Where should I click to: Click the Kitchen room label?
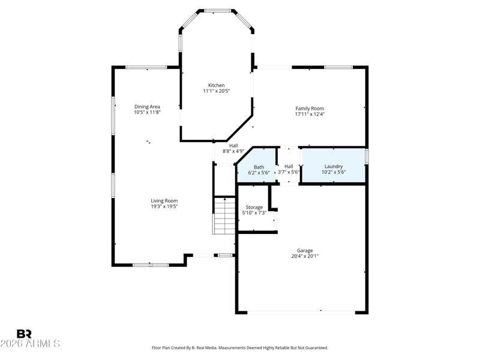(217, 85)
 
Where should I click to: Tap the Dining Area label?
(147, 107)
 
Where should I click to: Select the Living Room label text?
(164, 201)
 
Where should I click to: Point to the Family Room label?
(310, 109)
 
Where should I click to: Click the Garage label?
(305, 251)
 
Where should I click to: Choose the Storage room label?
(254, 207)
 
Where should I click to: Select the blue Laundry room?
(334, 166)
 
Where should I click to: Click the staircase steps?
(224, 216)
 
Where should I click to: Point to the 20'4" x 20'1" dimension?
(305, 256)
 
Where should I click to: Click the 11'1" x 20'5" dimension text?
(217, 91)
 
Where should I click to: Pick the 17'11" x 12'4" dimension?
(310, 114)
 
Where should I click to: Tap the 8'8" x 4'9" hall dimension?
(233, 151)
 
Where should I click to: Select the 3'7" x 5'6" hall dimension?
(289, 172)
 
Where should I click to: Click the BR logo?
(24, 334)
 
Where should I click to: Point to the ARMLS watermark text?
(30, 343)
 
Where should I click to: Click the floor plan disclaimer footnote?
(240, 348)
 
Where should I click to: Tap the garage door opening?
(301, 313)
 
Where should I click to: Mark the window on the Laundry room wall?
(367, 157)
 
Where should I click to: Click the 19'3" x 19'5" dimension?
(164, 206)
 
